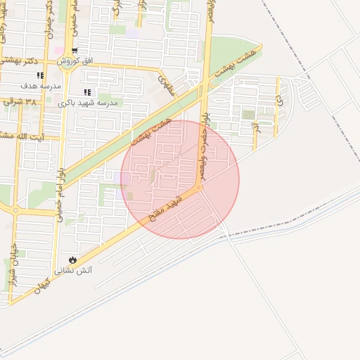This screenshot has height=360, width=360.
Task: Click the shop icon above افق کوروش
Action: (x=75, y=51)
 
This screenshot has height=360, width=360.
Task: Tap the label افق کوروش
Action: (x=75, y=61)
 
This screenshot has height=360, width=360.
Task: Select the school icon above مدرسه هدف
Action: (x=40, y=75)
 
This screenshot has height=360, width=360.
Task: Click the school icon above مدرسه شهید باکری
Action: (x=87, y=92)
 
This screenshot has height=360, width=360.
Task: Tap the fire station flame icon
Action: (x=72, y=259)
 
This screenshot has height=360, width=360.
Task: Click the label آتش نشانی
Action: (x=75, y=269)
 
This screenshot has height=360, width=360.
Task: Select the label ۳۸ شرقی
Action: (x=21, y=102)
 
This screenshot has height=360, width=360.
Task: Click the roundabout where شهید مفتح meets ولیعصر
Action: (x=199, y=188)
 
